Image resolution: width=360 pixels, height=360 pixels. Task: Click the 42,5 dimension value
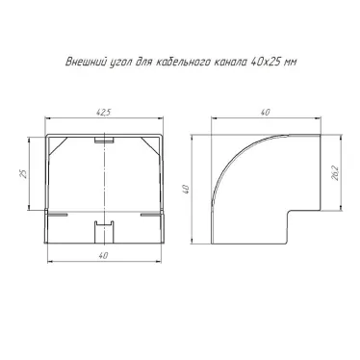(103, 113)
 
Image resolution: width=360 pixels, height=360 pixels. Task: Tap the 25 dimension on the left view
(23, 173)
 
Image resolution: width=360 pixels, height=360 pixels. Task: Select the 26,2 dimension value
(336, 173)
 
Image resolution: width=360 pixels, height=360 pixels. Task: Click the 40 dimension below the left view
(103, 255)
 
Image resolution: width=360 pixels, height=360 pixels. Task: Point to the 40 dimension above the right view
(265, 113)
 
